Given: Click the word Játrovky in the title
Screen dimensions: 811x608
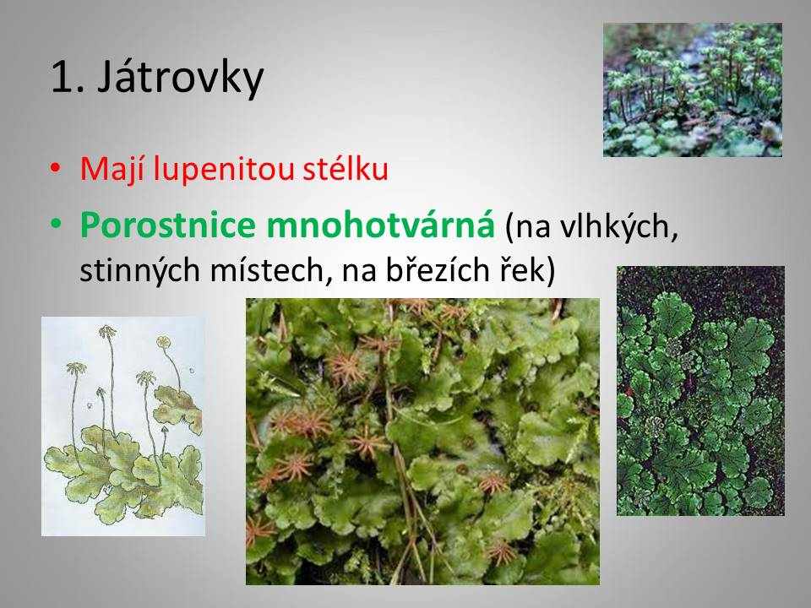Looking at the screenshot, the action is pyautogui.click(x=180, y=79).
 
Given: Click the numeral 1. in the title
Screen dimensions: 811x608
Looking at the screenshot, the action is pyautogui.click(x=68, y=78).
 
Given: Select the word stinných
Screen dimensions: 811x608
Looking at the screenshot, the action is pyautogui.click(x=139, y=270).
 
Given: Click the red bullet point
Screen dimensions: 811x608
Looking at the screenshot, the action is pyautogui.click(x=56, y=169).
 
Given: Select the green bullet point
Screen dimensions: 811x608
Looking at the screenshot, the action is pyautogui.click(x=56, y=224).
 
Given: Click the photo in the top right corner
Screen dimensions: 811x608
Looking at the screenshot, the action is pyautogui.click(x=693, y=90).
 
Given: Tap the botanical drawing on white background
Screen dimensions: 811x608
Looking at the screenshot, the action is pyautogui.click(x=123, y=426).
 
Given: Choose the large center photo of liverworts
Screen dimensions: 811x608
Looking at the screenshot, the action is pyautogui.click(x=422, y=442).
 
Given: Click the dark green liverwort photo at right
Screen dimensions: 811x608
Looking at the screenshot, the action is pyautogui.click(x=700, y=391).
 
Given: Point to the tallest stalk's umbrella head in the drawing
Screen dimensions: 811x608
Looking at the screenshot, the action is pyautogui.click(x=107, y=331).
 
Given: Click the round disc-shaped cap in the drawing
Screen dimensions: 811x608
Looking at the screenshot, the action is pyautogui.click(x=163, y=341).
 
